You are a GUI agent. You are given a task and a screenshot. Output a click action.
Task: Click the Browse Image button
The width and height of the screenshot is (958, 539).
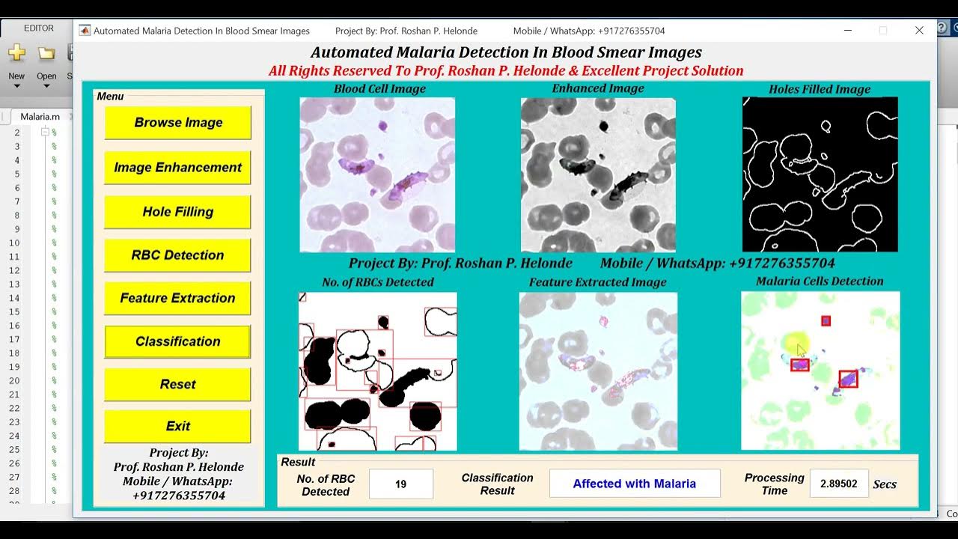point(178,123)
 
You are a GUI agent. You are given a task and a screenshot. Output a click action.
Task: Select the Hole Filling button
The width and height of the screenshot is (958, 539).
point(178,212)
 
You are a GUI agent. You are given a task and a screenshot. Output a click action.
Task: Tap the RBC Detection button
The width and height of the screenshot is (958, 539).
point(178,255)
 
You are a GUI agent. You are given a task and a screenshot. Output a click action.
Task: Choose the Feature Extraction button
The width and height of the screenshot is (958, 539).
point(178,298)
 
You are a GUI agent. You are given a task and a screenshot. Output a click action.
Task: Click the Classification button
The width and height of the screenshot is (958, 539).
point(178,341)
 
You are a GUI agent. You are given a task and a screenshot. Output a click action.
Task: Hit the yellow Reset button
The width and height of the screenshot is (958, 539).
point(178,384)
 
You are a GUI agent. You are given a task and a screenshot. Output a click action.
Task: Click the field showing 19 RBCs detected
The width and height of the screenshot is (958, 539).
point(401,484)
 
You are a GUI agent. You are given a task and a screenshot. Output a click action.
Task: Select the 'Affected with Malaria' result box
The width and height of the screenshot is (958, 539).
point(635,484)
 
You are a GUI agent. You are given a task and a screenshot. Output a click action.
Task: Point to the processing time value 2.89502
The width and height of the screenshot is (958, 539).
point(839,484)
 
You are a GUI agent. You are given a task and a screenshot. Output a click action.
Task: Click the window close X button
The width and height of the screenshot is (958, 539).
point(919,31)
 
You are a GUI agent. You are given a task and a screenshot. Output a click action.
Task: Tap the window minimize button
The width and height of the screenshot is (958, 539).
point(847,31)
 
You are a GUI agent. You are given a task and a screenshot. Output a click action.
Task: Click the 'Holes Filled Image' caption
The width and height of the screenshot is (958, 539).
point(820,89)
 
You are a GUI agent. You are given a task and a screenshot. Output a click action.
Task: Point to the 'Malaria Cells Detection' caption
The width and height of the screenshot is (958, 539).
point(820,281)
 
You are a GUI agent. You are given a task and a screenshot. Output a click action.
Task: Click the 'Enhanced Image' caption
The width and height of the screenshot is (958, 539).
point(598,88)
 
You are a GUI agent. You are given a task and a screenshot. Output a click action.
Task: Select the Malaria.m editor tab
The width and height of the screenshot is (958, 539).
point(40,116)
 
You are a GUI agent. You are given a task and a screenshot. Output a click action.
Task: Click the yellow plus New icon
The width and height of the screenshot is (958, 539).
point(16,53)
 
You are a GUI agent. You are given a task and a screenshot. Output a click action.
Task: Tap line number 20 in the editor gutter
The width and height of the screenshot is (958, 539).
point(15,380)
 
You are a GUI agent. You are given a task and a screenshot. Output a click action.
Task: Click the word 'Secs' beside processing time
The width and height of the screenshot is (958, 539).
point(885,484)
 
